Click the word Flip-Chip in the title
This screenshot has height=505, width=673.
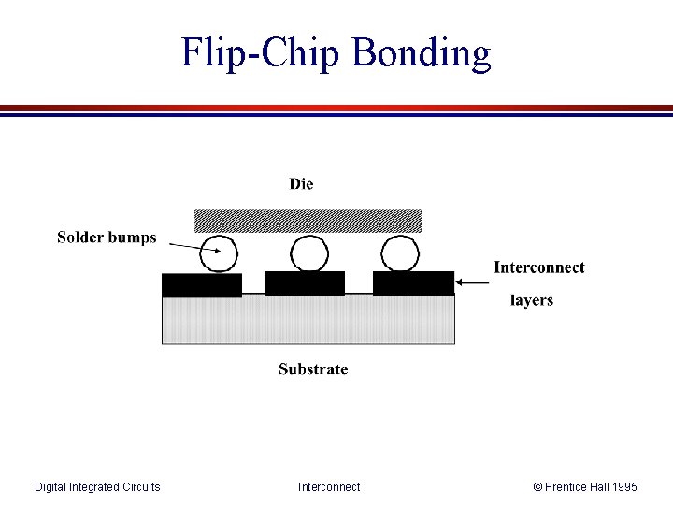pos(262,52)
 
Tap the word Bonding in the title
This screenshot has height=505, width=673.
pos(421,54)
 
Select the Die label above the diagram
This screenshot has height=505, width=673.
pos(301,184)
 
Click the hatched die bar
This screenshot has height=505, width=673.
pos(308,221)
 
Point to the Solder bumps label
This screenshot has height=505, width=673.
pos(107,238)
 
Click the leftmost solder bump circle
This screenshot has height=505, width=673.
pos(220,253)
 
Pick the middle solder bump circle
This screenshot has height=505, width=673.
pos(309,253)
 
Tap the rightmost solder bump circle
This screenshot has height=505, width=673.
pos(400,253)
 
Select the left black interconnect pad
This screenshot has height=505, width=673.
pos(202,285)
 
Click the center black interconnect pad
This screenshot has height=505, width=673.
pos(305,282)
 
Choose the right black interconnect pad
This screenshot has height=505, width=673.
pos(413,282)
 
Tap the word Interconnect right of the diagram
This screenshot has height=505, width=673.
pos(539,267)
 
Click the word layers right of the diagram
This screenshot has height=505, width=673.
pos(532,300)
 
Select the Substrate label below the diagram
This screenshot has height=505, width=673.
pos(313,369)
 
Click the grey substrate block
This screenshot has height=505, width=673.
pos(308,320)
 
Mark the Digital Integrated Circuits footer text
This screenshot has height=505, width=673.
pos(97,486)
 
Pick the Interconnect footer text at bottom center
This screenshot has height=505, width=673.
pos(329,486)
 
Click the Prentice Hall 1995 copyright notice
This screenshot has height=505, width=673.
pos(585,486)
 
